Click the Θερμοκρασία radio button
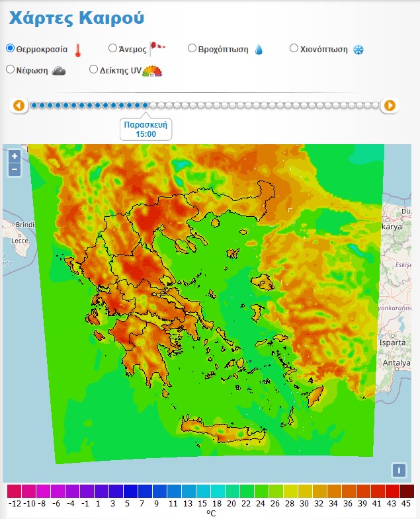tap(10, 48)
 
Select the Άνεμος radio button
tap(112, 48)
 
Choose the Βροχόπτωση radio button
tap(192, 48)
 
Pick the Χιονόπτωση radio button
tap(294, 48)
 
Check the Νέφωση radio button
tap(10, 69)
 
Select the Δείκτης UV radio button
tap(94, 69)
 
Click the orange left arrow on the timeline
tap(19, 105)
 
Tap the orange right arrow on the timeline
tap(390, 105)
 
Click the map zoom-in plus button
tap(15, 157)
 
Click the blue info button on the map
tap(398, 470)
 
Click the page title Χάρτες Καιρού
tap(76, 18)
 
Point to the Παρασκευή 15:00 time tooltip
tap(146, 129)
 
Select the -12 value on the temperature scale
tap(15, 503)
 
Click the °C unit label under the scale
tap(211, 513)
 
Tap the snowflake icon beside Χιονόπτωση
tap(358, 50)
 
